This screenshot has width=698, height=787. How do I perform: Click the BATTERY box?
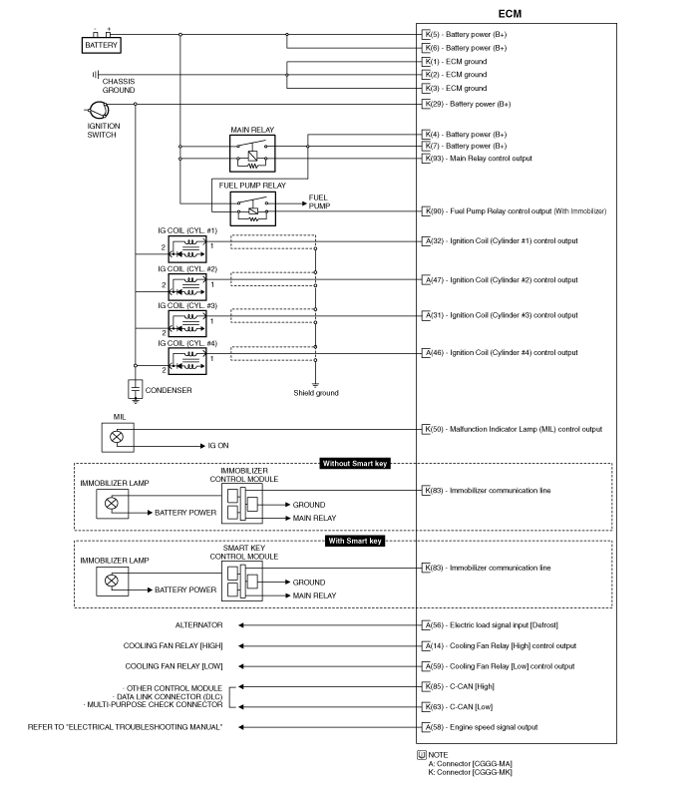pos(102,45)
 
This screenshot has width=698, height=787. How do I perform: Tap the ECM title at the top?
pos(510,14)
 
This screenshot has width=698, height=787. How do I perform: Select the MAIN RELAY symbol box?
pos(252,153)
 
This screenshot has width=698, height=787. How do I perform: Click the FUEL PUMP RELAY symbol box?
pos(252,208)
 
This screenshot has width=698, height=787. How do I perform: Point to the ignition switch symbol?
pos(99,110)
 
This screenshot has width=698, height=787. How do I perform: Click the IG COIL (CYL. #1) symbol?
pos(187,249)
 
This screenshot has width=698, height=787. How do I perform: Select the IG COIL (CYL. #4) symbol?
pos(187,361)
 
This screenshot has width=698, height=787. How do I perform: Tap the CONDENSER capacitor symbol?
pos(135,390)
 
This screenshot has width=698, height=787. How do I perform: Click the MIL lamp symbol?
pos(118,437)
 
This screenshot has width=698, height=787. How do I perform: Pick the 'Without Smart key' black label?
pos(355,463)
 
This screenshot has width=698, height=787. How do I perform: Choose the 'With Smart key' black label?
pos(355,541)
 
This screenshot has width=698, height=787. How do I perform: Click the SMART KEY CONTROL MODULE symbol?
pos(242,581)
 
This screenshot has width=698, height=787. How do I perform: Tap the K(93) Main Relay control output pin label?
pos(477,159)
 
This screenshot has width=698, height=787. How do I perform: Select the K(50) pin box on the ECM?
pos(426,429)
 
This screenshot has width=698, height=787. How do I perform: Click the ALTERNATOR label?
pos(198,624)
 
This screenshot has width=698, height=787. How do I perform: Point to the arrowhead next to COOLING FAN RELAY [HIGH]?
pos(241,646)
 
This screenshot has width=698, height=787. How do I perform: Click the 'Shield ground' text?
pos(316,393)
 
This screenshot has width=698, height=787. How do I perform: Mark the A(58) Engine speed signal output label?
pos(480,727)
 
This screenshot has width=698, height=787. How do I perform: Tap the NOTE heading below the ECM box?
pos(438,755)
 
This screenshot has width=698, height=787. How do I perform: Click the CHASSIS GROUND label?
pos(119,86)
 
